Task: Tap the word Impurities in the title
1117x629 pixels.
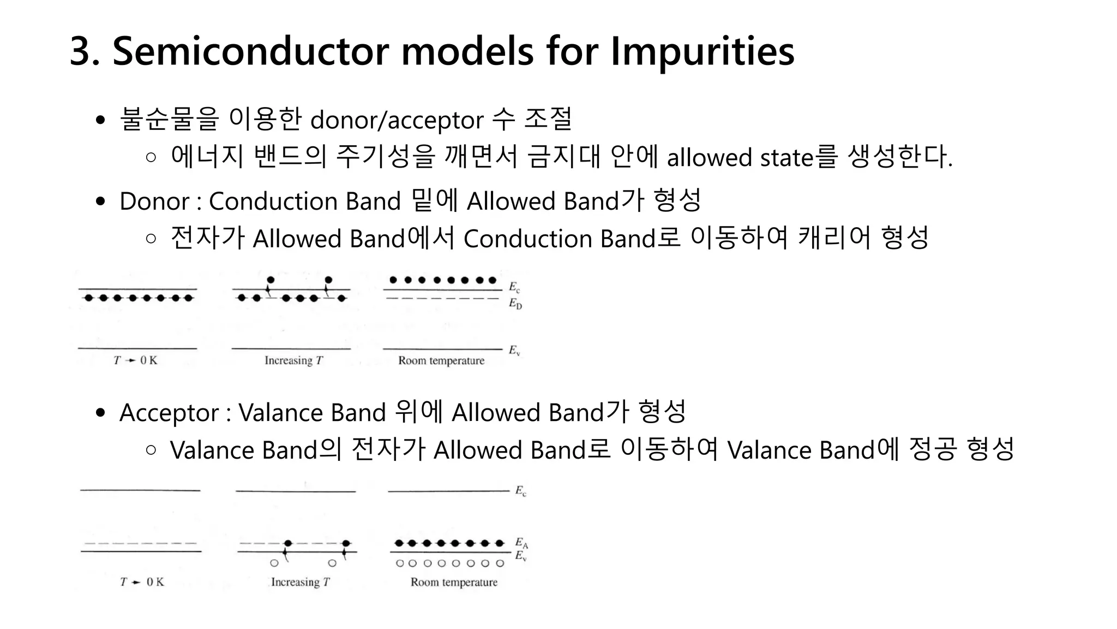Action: (702, 51)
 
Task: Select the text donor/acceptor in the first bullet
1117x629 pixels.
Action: (397, 120)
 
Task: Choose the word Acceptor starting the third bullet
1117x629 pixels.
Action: (169, 413)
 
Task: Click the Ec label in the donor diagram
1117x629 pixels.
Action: (514, 287)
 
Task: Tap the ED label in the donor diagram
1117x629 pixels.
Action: (515, 304)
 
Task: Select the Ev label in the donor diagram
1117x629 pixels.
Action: (514, 350)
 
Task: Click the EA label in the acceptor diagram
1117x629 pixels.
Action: (521, 543)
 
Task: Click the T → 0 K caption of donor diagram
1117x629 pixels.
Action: (135, 360)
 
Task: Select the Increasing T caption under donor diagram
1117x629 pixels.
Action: (294, 360)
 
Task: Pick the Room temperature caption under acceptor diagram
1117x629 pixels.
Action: (454, 582)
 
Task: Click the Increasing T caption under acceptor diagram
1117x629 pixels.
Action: (301, 582)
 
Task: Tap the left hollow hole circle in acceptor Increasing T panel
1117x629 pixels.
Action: (274, 563)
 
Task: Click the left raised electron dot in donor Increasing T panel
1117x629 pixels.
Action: (271, 280)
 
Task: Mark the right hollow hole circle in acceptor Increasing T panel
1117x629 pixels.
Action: (332, 563)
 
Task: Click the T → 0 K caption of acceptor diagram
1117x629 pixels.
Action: (142, 582)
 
